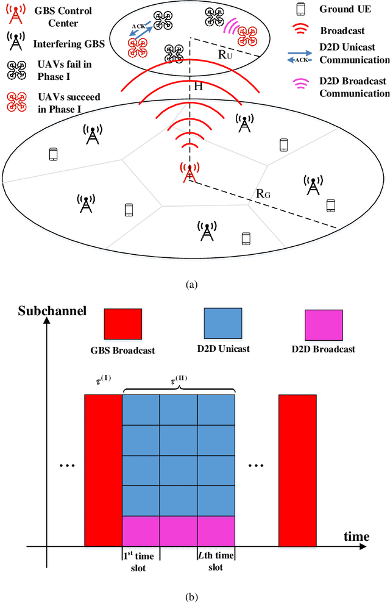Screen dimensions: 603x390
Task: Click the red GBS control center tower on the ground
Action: pyautogui.click(x=190, y=172)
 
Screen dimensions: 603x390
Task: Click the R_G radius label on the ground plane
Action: pyautogui.click(x=264, y=194)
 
